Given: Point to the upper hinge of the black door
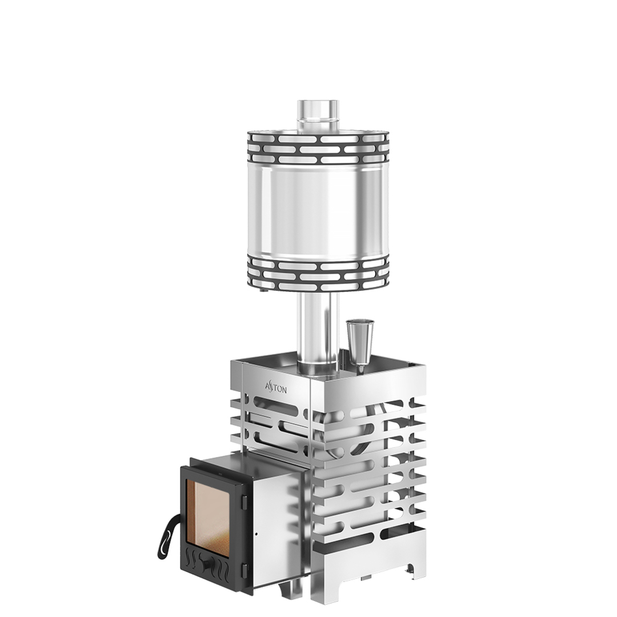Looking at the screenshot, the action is [244, 501].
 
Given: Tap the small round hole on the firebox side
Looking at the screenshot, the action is [256, 534].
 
